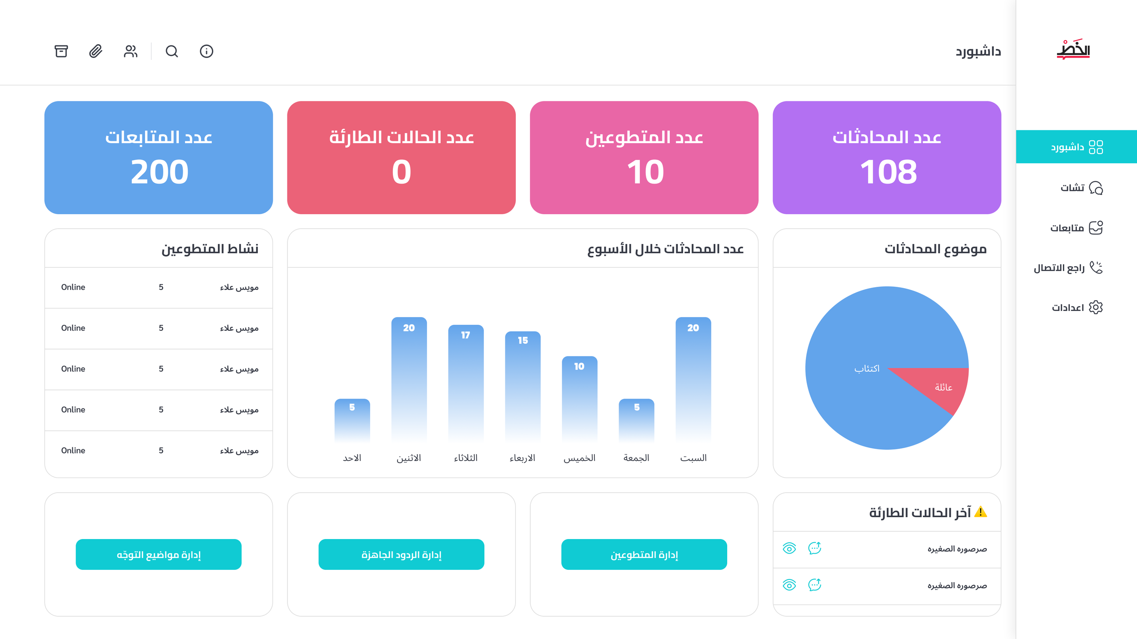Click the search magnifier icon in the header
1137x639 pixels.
[x=171, y=51]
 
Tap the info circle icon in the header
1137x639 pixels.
[x=206, y=51]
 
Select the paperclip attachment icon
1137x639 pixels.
[x=96, y=51]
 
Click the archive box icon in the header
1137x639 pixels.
[x=61, y=51]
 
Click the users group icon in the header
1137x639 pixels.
[x=131, y=51]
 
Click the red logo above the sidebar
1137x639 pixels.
[x=1073, y=50]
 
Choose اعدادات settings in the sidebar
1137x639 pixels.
[x=1077, y=308]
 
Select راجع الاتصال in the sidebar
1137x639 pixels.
[x=1068, y=268]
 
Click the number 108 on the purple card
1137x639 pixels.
[x=887, y=172]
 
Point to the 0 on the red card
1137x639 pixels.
[x=401, y=172]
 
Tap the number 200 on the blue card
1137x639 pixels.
[x=159, y=172]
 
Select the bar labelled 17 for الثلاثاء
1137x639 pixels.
[x=466, y=382]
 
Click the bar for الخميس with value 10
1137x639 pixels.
[x=579, y=398]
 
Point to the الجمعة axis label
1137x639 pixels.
[x=636, y=458]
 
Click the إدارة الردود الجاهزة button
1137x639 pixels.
[x=401, y=554]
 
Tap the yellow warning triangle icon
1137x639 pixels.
[x=981, y=512]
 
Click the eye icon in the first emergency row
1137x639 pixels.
[x=789, y=549]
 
